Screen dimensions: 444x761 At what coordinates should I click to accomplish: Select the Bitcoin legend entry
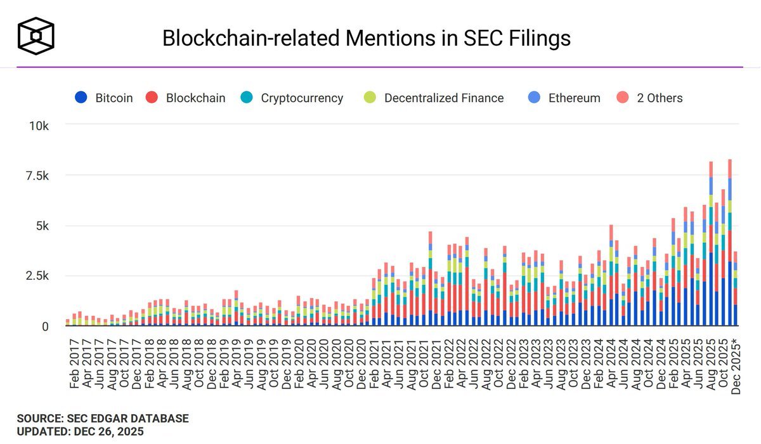tap(104, 98)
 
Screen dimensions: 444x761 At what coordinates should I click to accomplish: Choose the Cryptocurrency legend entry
tap(292, 98)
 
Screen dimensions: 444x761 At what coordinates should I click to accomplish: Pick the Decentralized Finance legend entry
tap(434, 98)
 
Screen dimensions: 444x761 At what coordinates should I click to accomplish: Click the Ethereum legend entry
tap(565, 98)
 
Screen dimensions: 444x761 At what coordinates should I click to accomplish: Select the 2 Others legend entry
tap(650, 98)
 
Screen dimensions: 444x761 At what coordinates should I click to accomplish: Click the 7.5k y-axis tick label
tap(37, 176)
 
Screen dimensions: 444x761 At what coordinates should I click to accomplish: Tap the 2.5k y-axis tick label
tap(37, 276)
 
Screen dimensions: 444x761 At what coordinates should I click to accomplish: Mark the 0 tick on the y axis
tap(44, 326)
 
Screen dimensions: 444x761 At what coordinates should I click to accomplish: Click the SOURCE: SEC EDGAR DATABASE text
tap(102, 419)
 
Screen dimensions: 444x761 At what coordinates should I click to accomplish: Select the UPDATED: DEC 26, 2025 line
tap(80, 432)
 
